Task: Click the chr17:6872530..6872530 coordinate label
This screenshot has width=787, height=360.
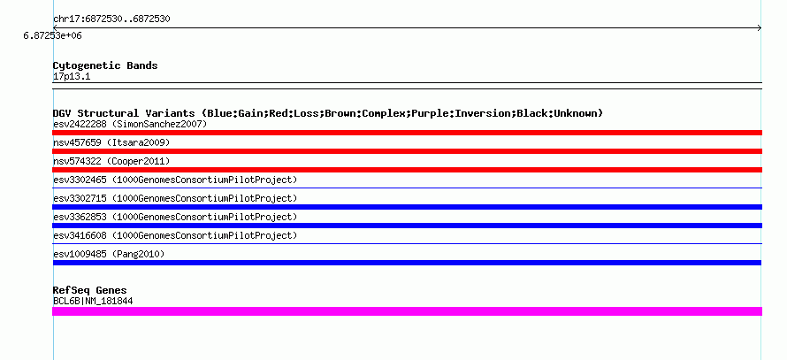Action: [x=111, y=19]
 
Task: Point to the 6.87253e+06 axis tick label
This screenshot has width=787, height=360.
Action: [x=52, y=36]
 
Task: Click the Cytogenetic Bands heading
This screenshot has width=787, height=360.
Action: [x=105, y=65]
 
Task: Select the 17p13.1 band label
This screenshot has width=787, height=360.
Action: [x=72, y=77]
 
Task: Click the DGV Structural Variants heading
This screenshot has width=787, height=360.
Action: [x=328, y=113]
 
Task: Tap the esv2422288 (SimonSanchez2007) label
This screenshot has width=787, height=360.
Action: [x=130, y=124]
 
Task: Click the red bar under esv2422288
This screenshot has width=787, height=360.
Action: [x=407, y=133]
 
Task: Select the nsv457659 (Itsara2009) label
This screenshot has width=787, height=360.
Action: [x=111, y=143]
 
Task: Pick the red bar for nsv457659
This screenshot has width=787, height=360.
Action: [x=407, y=151]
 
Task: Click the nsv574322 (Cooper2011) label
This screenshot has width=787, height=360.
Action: [x=111, y=162]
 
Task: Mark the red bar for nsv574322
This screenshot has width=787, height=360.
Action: [x=407, y=170]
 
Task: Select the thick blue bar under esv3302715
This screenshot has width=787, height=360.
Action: [x=407, y=207]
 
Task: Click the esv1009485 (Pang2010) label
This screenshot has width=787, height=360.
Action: [x=109, y=254]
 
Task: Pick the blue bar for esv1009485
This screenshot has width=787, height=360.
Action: [x=407, y=263]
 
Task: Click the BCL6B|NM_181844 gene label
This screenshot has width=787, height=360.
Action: [x=93, y=302]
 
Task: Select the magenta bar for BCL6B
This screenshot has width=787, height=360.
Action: [x=407, y=311]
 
